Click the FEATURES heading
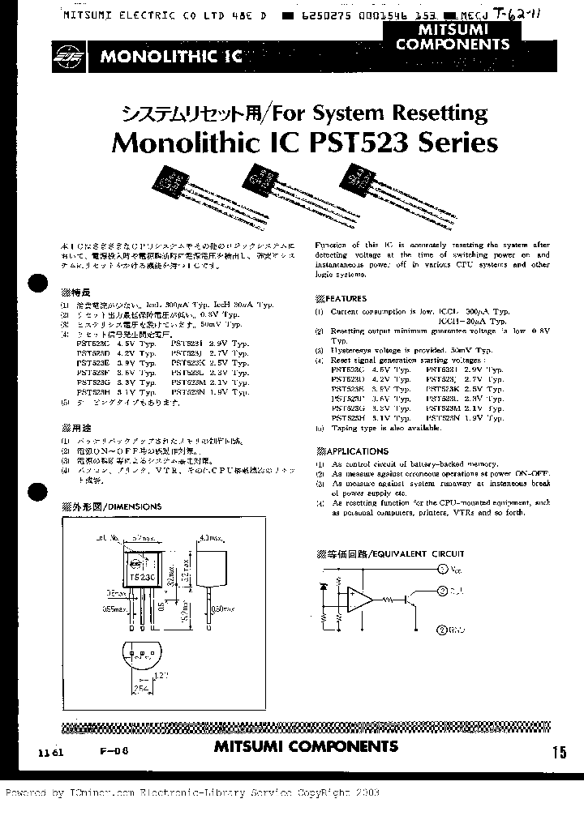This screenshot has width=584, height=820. [345, 298]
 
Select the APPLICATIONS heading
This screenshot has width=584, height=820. [356, 451]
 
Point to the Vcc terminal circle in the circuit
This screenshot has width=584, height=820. [442, 570]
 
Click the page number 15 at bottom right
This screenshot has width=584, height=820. [559, 752]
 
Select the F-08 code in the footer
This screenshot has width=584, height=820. [118, 750]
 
